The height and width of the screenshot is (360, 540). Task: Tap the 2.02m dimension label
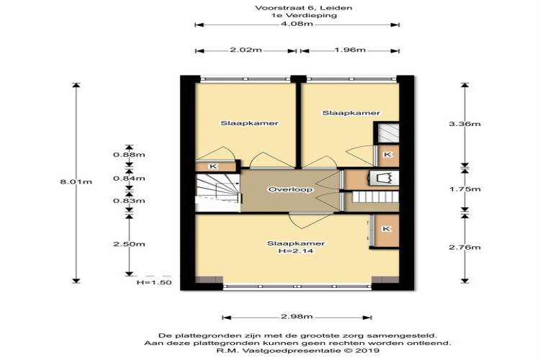[x=246, y=50]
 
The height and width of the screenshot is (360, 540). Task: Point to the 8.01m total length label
[x=76, y=181]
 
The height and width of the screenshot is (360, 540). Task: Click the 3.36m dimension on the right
[x=464, y=124]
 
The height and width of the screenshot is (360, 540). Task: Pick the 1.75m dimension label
[x=464, y=189]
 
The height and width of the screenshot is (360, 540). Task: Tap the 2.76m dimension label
[x=464, y=248]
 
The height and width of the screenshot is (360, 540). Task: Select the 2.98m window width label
[x=297, y=317]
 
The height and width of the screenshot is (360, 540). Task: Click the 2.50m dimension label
[x=129, y=244]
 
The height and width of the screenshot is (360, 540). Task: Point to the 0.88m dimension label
[x=129, y=155]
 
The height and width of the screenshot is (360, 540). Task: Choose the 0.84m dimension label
[x=129, y=179]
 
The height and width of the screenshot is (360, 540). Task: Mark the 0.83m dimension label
[x=129, y=201]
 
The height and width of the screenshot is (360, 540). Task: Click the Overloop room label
[x=291, y=189]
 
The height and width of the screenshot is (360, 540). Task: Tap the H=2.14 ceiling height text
[x=296, y=251]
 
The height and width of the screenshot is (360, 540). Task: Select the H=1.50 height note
[x=154, y=282]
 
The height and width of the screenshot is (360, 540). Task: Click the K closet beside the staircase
[x=214, y=166]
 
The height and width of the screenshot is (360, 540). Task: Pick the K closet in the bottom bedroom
[x=387, y=229]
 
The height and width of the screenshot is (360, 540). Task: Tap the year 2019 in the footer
[x=367, y=351]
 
